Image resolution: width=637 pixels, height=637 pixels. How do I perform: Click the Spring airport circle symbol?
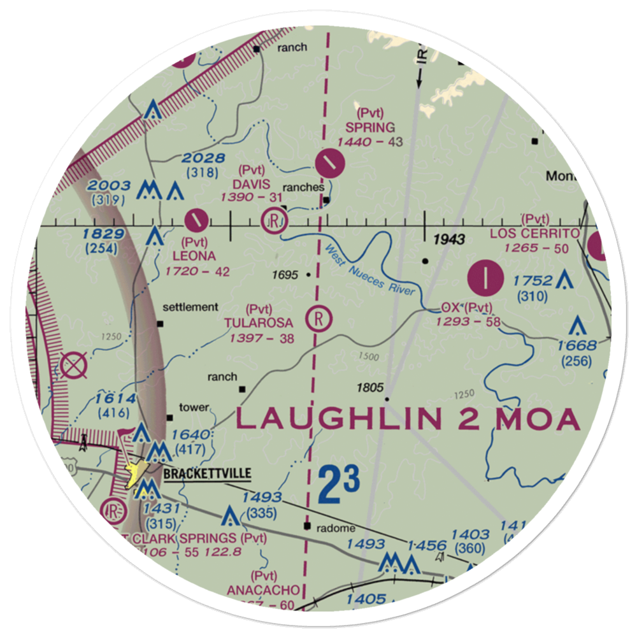(330, 164)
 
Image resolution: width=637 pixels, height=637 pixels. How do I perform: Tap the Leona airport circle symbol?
(196, 221)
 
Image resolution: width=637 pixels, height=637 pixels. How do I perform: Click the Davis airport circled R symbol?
(275, 222)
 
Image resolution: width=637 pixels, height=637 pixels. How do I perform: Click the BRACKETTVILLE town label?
(207, 474)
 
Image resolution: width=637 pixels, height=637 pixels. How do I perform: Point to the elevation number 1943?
(450, 240)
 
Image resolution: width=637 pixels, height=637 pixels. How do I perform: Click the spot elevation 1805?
(370, 387)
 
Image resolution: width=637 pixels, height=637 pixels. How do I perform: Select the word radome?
(338, 528)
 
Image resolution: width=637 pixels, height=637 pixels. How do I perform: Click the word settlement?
(190, 307)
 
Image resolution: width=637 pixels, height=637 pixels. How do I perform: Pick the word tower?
(194, 407)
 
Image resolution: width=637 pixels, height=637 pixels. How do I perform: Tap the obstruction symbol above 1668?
(577, 326)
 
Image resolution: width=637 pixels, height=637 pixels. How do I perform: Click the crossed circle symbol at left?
(74, 365)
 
